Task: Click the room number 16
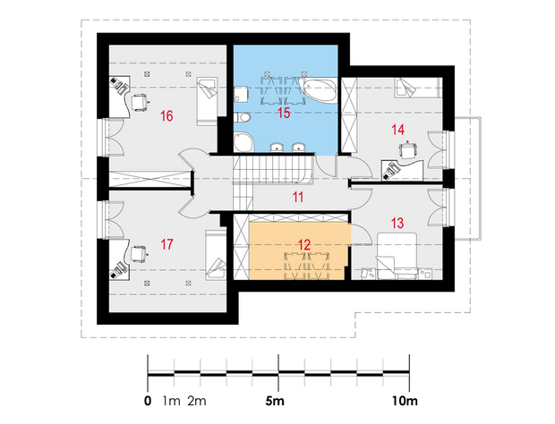pyautogui.click(x=166, y=115)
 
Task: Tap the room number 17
pyautogui.click(x=166, y=244)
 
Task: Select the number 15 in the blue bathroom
pyautogui.click(x=284, y=113)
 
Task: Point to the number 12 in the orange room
pyautogui.click(x=304, y=245)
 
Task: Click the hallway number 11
pyautogui.click(x=298, y=197)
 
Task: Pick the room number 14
pyautogui.click(x=397, y=130)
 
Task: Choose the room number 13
pyautogui.click(x=397, y=223)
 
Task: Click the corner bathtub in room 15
pyautogui.click(x=318, y=89)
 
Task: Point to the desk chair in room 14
pyautogui.click(x=407, y=151)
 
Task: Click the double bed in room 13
pyautogui.click(x=397, y=256)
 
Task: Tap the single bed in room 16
pyautogui.click(x=207, y=101)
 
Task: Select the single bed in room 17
pyautogui.click(x=216, y=255)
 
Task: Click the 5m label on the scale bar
pyautogui.click(x=275, y=402)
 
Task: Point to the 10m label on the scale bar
pyautogui.click(x=405, y=402)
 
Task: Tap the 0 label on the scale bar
pyautogui.click(x=148, y=402)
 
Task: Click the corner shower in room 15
pyautogui.click(x=243, y=141)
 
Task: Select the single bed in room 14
pyautogui.click(x=418, y=88)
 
